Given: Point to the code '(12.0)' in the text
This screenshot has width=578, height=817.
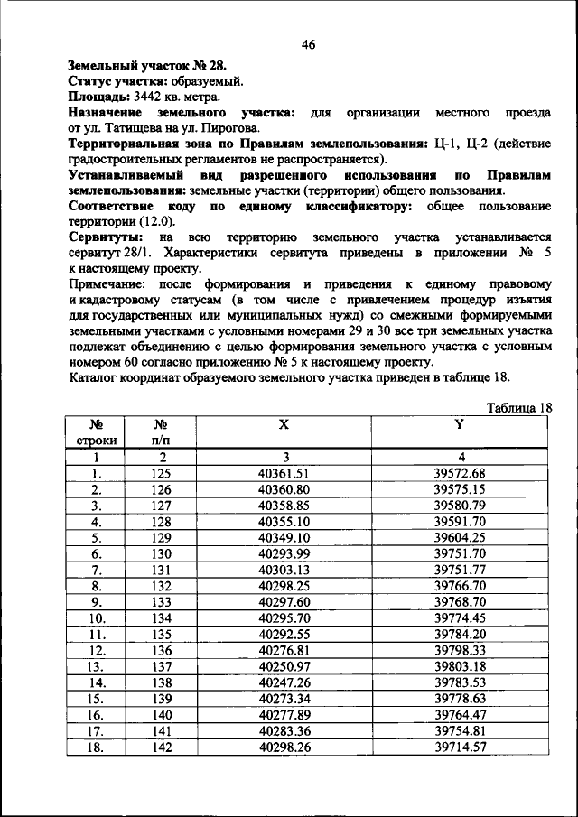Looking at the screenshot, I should pos(159,221).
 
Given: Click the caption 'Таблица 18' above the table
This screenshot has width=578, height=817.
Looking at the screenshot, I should pos(518,408).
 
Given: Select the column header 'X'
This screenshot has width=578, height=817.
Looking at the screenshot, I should pos(284,423).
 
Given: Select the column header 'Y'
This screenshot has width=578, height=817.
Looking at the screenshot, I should pos(460,423).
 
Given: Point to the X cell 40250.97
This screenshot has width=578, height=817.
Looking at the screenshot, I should pos(284,666).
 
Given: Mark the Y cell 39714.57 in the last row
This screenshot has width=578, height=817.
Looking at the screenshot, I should pos(460,747).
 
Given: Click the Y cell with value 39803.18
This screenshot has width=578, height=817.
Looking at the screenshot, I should pos(460,666).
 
